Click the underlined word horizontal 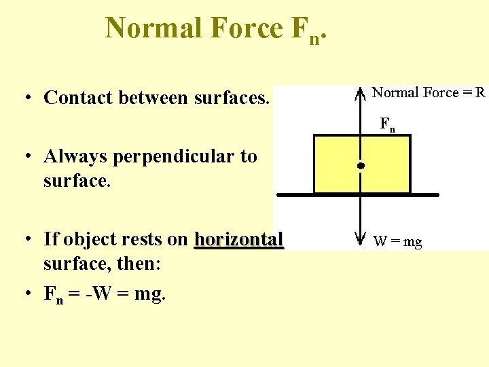pos(238,239)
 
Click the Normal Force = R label pos(429,92)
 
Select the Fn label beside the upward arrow pos(387,124)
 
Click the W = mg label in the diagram pos(397,241)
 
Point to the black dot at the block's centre pos(361,165)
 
